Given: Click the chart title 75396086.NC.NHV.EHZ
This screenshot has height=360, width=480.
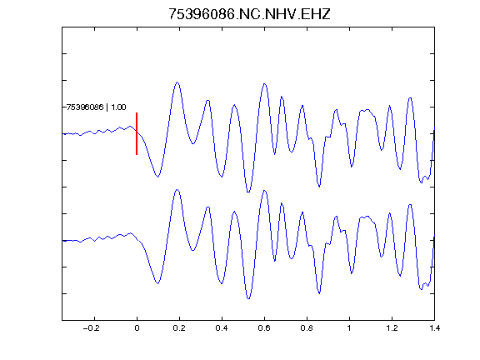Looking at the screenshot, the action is point(249,14).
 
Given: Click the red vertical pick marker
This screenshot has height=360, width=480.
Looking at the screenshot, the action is point(137,133).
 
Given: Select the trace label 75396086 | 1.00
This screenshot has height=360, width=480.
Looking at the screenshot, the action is point(96,107).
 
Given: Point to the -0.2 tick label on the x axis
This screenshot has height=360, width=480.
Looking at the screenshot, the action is point(92,328).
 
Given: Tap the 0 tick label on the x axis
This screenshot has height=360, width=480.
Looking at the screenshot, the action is point(137,328).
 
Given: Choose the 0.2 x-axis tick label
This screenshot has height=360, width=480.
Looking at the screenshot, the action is point(179,328).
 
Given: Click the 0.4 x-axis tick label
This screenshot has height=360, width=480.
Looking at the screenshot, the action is point(222,328).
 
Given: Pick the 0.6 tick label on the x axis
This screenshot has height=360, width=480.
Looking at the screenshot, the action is point(264,328).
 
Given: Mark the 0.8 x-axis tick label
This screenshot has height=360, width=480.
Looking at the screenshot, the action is point(307,328).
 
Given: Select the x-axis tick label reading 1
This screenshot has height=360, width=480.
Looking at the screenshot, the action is point(349,328).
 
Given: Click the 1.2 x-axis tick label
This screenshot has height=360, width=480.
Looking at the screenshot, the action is point(392,328).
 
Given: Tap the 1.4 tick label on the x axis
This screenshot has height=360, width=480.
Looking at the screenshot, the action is point(434,328).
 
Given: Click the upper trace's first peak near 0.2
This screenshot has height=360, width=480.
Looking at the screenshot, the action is point(177,82).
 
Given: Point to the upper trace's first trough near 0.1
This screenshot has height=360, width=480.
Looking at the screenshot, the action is point(157,177).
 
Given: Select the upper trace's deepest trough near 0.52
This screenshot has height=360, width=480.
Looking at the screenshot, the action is point(248,192).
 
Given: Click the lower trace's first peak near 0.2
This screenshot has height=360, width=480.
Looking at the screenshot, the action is point(177,190).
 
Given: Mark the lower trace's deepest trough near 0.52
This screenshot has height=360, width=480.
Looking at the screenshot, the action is point(248,298).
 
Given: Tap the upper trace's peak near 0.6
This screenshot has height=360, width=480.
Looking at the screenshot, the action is point(264,83).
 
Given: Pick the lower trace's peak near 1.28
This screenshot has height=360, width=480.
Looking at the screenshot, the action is point(410,204).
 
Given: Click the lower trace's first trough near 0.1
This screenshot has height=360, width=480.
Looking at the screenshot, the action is point(157,283).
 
